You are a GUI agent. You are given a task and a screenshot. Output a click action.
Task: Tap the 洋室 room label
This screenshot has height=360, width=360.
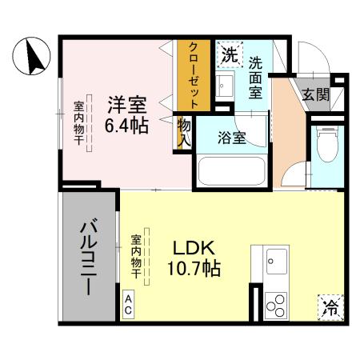point(126,104)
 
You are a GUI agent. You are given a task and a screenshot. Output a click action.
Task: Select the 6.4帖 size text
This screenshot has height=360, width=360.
point(126,126)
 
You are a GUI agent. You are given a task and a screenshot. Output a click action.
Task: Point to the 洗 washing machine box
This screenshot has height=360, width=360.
point(230,56)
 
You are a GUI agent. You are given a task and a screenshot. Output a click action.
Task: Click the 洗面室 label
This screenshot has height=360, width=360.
point(255,76)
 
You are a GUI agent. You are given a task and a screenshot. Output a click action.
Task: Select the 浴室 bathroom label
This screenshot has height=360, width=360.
point(232,136)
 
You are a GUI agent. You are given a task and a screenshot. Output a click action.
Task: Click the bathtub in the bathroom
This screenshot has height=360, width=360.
point(232,170)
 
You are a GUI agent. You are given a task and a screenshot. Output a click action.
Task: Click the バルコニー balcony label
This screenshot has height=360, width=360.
point(89,258)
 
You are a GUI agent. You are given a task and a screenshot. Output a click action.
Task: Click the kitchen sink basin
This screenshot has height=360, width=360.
point(276,259)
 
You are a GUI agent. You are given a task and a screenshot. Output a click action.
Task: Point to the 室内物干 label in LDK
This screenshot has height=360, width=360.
point(137,255)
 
